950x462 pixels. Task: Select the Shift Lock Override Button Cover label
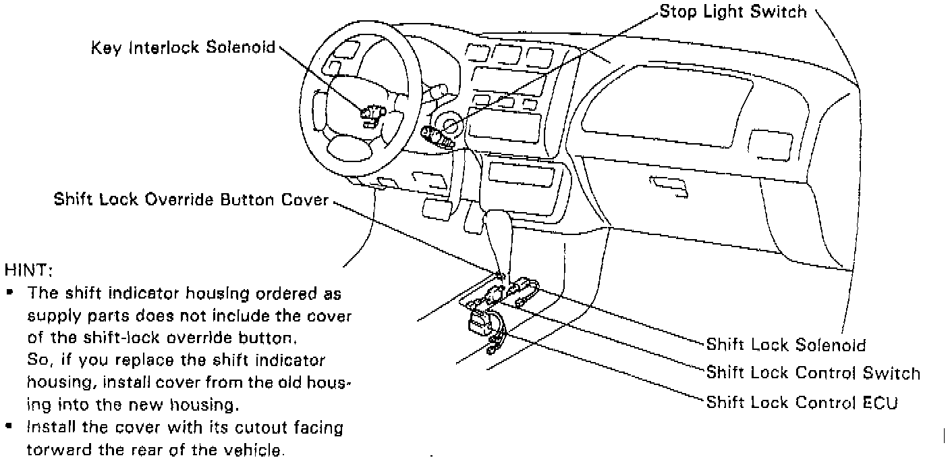point(192,200)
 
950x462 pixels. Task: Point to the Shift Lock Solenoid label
point(785,345)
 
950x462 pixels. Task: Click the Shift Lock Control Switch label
point(813,373)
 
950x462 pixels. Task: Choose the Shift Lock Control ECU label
point(802,403)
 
